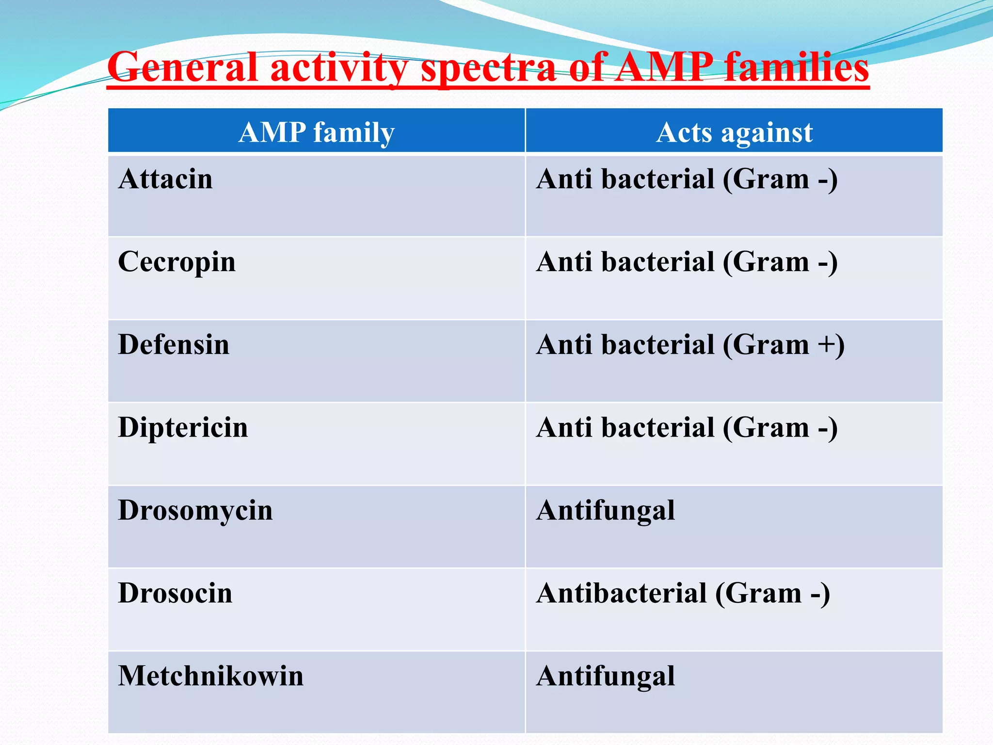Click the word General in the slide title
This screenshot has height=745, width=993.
(182, 68)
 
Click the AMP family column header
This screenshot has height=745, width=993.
(317, 132)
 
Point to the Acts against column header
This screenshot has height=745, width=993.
(734, 132)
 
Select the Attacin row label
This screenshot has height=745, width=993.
(166, 179)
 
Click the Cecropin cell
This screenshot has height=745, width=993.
(177, 262)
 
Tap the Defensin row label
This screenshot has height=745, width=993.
(174, 345)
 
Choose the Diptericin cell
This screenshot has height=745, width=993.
(183, 428)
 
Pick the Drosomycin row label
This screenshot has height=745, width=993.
(195, 511)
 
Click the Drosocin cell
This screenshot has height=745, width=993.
(175, 593)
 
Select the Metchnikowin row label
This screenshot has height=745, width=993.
(211, 676)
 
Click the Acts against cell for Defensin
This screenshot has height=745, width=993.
(690, 345)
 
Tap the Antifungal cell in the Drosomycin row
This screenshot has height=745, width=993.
(606, 511)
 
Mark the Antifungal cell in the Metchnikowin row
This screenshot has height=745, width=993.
(606, 676)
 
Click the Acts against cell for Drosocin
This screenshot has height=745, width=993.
(683, 593)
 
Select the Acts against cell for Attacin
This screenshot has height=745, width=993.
(687, 179)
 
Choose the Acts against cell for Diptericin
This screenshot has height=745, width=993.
(687, 428)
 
